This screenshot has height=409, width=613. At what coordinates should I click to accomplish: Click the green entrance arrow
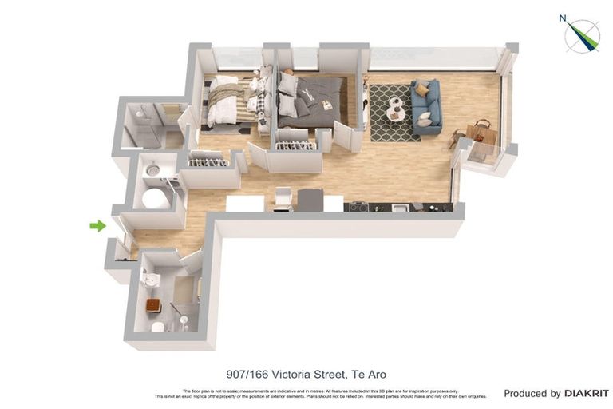(x=97, y=226)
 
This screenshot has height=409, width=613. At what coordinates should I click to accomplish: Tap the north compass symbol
(x=582, y=35)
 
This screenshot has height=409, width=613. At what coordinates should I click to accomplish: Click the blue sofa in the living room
(x=426, y=106)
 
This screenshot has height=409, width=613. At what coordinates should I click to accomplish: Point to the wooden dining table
(x=481, y=133)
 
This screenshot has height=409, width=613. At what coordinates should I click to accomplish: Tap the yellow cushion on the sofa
(x=421, y=89)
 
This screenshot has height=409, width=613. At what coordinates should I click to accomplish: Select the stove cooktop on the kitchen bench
(x=359, y=207)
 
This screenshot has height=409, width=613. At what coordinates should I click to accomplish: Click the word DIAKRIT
(x=587, y=393)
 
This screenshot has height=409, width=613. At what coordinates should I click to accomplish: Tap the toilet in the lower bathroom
(x=158, y=327)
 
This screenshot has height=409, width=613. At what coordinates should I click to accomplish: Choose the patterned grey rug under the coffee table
(x=394, y=113)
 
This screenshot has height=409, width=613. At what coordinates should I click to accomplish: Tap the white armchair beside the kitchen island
(x=283, y=197)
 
